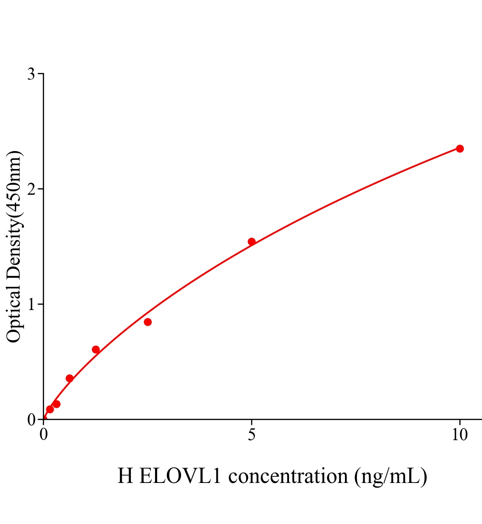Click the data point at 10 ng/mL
460,148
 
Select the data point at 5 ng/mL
251,241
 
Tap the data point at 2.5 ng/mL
148,322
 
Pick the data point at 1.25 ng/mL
96,349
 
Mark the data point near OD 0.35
69,378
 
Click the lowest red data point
50,409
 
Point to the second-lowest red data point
56,404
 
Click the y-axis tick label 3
31,74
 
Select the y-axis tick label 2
31,189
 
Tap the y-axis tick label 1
31,304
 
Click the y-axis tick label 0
31,420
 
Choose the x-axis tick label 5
251,435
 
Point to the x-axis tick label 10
459,435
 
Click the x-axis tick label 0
44,435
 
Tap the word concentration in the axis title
288,476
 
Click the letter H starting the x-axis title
125,476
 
